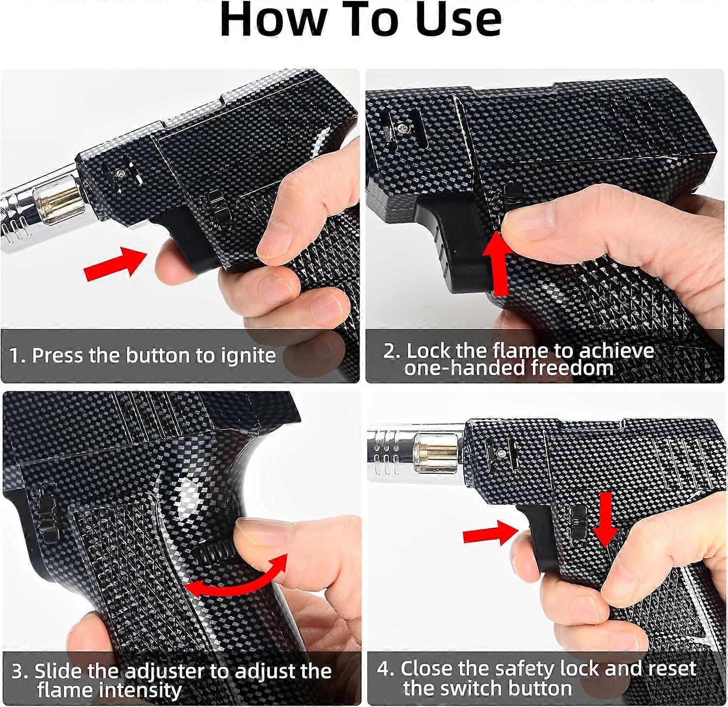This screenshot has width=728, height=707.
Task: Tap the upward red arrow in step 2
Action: point(498,262)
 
